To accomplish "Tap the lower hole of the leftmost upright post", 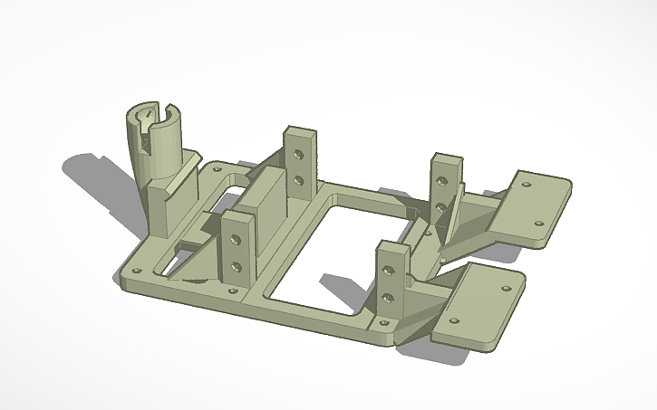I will (236, 266).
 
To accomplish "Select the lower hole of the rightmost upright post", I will (441, 206).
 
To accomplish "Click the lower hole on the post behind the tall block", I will (297, 180).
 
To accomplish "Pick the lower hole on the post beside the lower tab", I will (388, 295).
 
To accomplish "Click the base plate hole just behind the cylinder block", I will (217, 168).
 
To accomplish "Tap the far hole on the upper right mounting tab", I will (526, 183).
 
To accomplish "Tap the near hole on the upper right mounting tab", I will (538, 221).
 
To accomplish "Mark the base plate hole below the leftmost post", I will (234, 291).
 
